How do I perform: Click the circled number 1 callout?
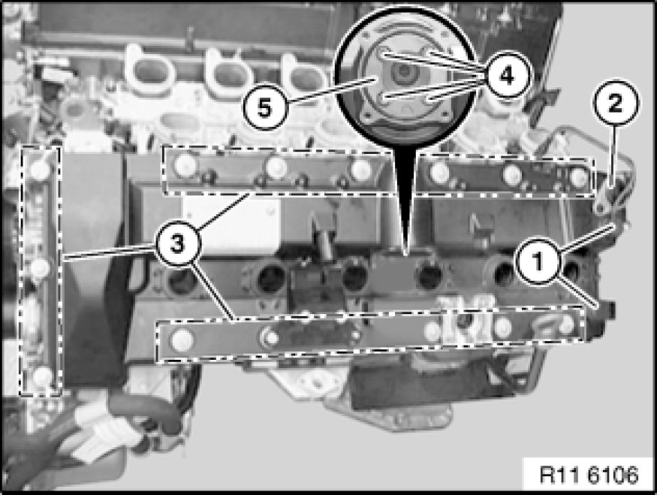point(538,261)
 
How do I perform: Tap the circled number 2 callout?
point(615,102)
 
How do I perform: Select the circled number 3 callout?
point(178,243)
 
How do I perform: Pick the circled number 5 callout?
point(265,109)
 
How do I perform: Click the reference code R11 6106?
point(589,475)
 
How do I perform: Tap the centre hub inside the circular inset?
point(403,72)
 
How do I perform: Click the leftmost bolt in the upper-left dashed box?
point(185,164)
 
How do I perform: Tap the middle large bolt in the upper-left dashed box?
point(275,167)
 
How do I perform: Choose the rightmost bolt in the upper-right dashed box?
point(579,177)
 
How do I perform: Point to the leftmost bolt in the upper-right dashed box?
point(440,171)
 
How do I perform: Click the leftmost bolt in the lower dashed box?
point(182,340)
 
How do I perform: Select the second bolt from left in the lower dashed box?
point(270,337)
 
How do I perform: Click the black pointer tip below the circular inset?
point(405,255)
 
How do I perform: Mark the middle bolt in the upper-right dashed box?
point(512,174)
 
